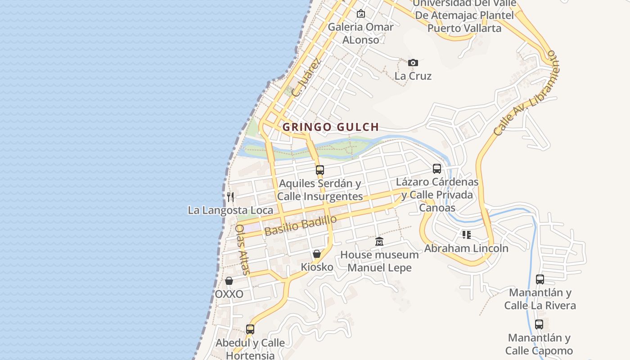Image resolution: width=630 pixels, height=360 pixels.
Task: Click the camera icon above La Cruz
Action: (x=413, y=63)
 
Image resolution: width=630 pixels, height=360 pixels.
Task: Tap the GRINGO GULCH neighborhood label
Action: (x=331, y=127)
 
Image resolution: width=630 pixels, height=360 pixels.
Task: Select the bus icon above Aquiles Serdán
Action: (x=320, y=170)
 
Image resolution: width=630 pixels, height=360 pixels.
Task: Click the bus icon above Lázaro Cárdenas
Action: (x=437, y=169)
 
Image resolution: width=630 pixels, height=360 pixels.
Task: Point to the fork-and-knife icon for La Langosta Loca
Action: (x=230, y=197)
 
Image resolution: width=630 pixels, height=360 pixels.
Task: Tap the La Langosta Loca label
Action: (x=230, y=210)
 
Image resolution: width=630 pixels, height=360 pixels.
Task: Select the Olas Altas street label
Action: (x=242, y=249)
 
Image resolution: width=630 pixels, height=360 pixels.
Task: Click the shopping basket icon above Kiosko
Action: (x=317, y=254)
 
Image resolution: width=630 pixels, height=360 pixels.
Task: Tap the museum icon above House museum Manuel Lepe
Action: (x=379, y=242)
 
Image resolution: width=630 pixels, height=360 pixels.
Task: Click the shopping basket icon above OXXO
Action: (x=229, y=281)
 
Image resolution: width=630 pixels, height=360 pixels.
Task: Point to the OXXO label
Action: (x=229, y=294)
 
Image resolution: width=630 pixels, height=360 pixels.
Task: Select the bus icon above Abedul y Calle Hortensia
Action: (x=250, y=329)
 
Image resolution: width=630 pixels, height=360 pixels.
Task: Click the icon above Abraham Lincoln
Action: (x=466, y=235)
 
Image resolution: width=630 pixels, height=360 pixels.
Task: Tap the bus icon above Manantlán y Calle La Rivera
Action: (x=540, y=279)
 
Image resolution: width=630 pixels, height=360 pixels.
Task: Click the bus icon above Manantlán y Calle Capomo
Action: (x=539, y=324)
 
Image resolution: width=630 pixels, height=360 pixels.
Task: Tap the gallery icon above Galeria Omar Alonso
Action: (x=360, y=13)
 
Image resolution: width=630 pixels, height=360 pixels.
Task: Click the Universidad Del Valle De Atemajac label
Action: (x=464, y=15)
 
